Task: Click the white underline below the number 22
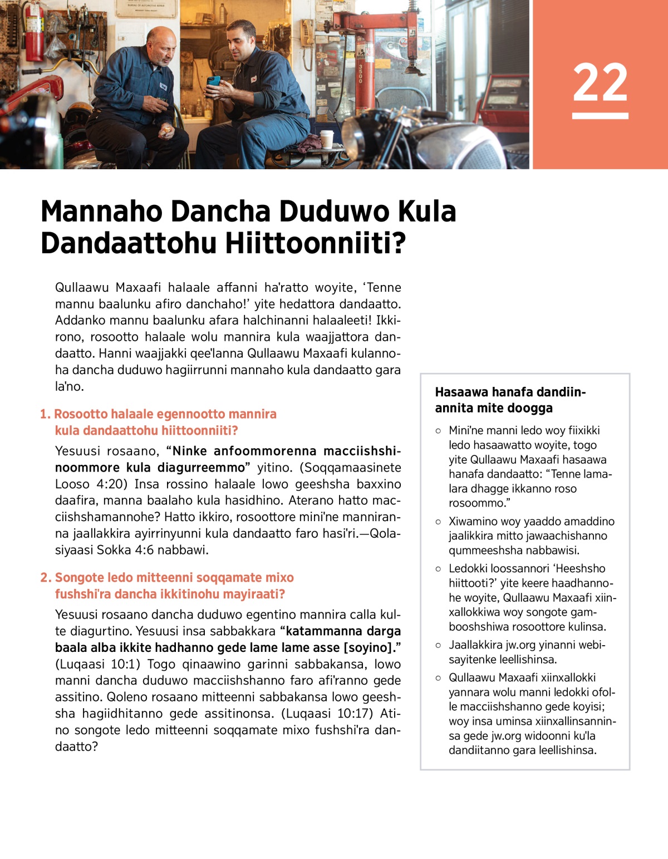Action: click(600, 116)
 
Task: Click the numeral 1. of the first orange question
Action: click(45, 414)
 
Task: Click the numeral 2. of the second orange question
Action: click(46, 578)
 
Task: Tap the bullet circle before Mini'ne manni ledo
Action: click(439, 431)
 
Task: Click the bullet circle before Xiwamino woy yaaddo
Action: click(439, 522)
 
